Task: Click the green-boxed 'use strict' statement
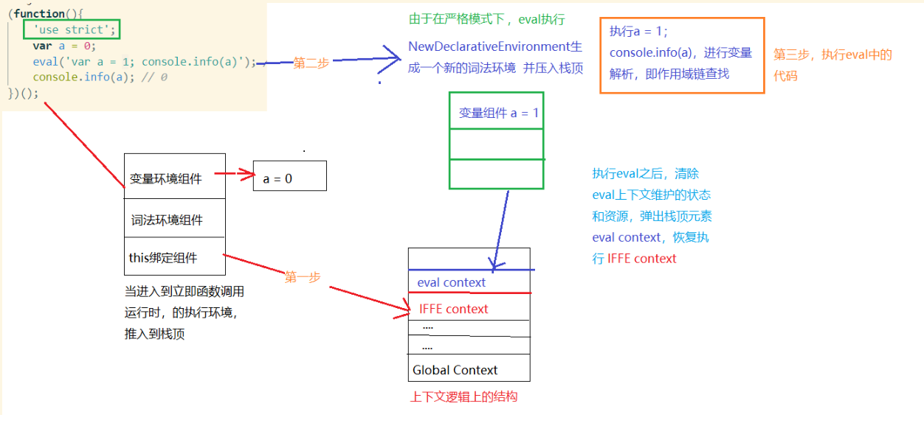[70, 30]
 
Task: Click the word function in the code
[39, 14]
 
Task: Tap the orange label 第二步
[311, 63]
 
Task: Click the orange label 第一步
[303, 277]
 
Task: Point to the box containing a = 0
[289, 178]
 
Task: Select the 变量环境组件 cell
[174, 178]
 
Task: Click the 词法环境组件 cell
[174, 220]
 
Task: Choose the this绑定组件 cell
[174, 257]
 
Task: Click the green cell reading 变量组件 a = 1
[497, 113]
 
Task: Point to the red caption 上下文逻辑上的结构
[463, 396]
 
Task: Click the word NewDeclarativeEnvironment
[487, 47]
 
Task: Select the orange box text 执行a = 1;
[638, 32]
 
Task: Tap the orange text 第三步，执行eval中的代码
[832, 64]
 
